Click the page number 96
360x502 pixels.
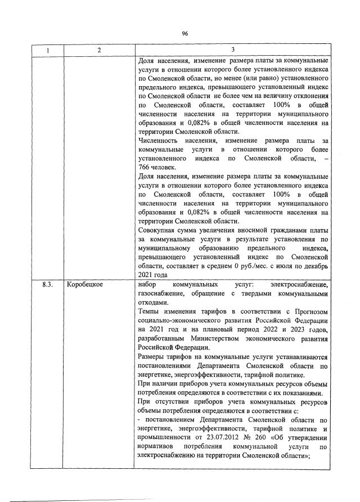(x=184, y=33)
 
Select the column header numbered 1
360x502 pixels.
(x=48, y=51)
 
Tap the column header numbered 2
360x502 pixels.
(x=99, y=51)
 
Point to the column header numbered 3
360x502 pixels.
(x=232, y=51)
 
